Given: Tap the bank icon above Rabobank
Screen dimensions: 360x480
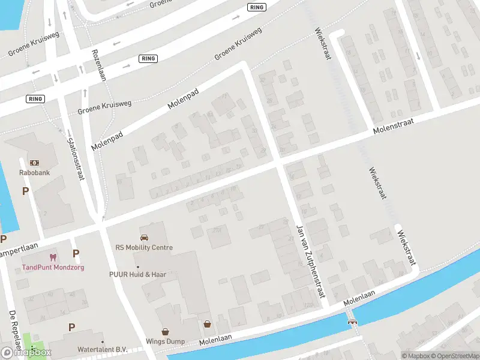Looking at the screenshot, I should (x=34, y=163).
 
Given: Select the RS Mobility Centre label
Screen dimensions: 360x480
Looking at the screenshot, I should (x=144, y=247).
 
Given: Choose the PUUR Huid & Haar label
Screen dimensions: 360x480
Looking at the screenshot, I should (x=137, y=275).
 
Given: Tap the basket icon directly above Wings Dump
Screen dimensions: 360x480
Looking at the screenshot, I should (x=165, y=331).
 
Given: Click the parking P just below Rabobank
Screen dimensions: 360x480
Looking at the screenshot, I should (x=25, y=191).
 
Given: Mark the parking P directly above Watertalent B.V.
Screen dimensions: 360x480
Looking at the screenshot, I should (x=71, y=328).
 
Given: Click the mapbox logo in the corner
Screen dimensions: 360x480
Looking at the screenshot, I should (x=26, y=352).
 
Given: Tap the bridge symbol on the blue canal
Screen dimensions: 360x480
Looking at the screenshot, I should (x=353, y=321).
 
